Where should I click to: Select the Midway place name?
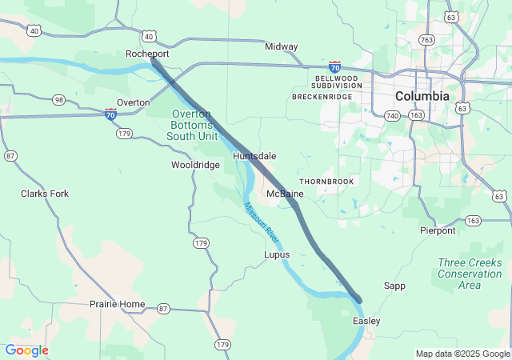(x=281, y=47)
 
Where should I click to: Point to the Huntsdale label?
(x=254, y=156)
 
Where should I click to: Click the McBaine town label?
(x=285, y=194)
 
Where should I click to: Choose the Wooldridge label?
(x=195, y=165)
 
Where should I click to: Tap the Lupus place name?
(x=277, y=254)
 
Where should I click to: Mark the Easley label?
(x=366, y=321)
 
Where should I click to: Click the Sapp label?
(x=394, y=286)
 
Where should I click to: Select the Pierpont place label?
(x=438, y=230)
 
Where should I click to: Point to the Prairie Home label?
(x=118, y=304)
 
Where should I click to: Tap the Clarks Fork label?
(x=45, y=194)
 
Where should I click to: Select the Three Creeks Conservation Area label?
(x=470, y=274)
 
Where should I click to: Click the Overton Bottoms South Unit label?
(x=192, y=126)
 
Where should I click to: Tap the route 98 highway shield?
(x=58, y=99)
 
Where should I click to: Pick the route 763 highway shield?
(x=426, y=39)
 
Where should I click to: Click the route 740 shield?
(x=391, y=116)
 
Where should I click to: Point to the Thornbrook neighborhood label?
(x=326, y=182)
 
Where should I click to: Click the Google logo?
(x=26, y=350)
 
